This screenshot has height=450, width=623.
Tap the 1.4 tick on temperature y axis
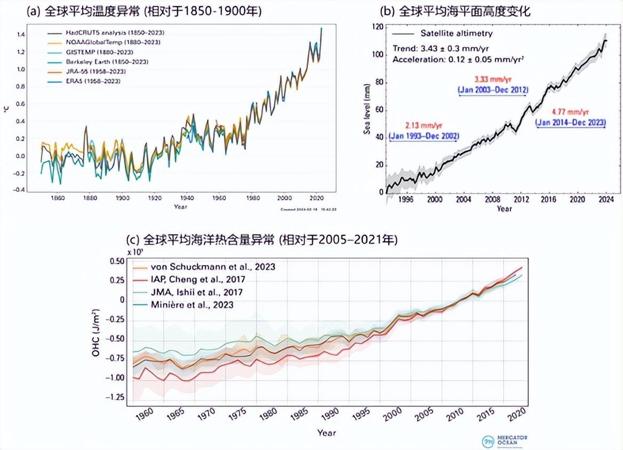[x=21, y=35]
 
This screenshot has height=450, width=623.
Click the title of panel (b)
[x=454, y=11]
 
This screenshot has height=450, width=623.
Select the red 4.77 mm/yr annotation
[x=571, y=112]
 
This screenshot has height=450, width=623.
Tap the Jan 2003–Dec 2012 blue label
[x=493, y=90]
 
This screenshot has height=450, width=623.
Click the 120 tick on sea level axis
[x=377, y=27]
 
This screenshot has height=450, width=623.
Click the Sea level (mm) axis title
[x=367, y=109]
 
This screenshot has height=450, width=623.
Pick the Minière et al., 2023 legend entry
[x=192, y=304]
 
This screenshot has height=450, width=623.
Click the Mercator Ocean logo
[x=504, y=441]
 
